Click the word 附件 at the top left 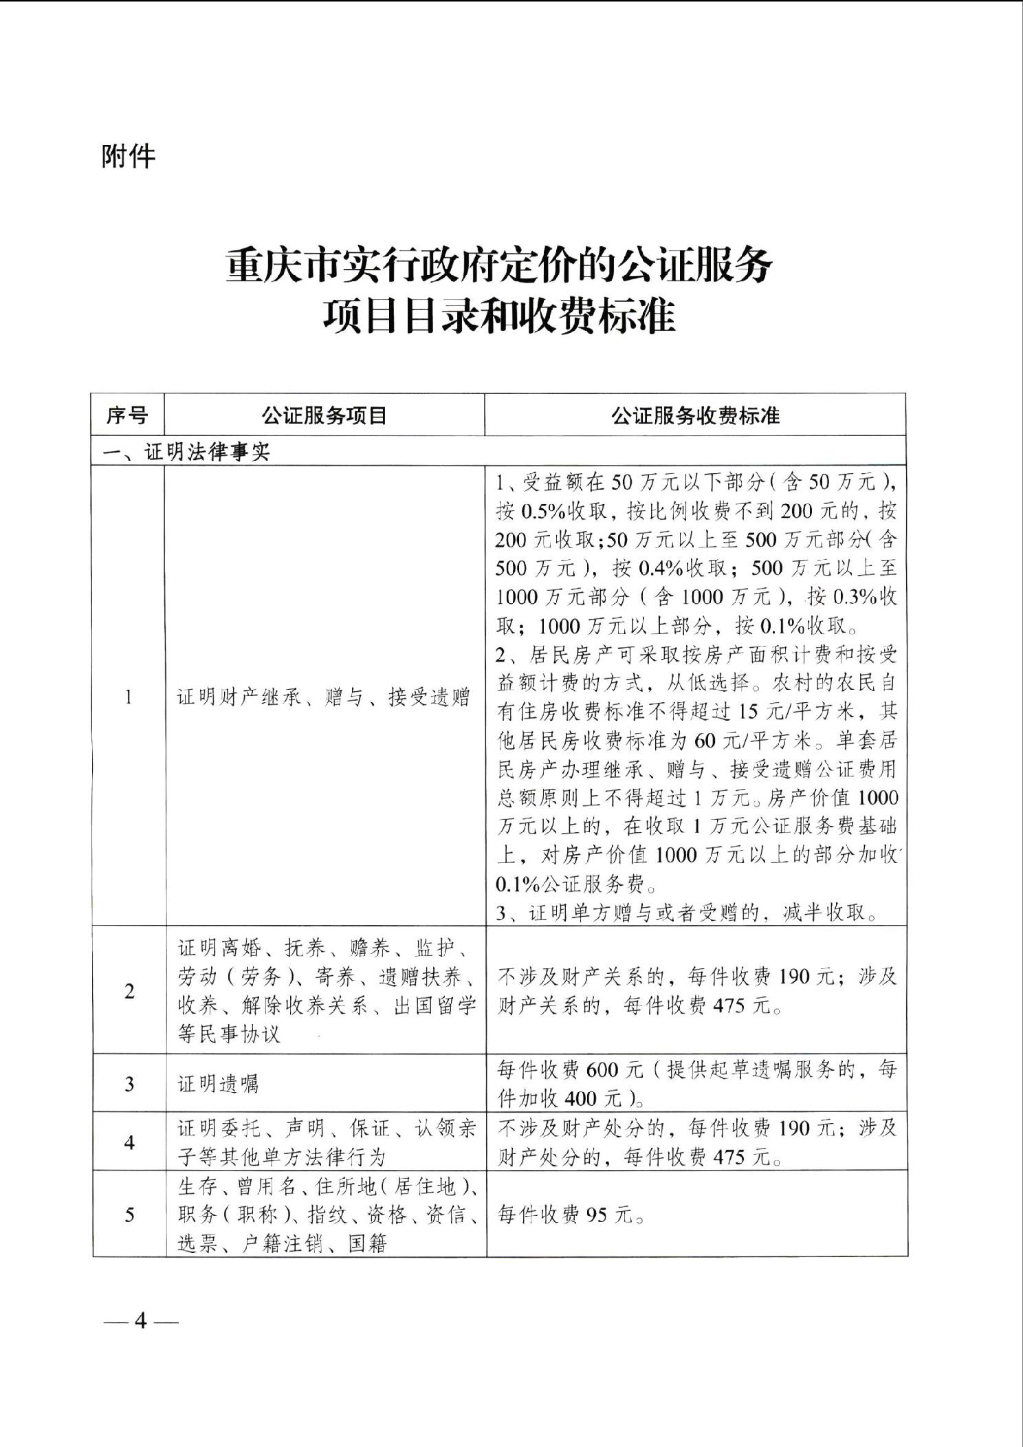[129, 157]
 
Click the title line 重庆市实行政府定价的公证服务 [499, 265]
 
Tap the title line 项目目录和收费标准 [500, 317]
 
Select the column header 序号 [127, 415]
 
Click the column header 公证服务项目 [324, 415]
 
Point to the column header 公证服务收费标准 [695, 415]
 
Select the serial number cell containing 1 [129, 697]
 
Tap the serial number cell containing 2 [129, 991]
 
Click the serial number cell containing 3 [129, 1085]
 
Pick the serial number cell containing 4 [129, 1142]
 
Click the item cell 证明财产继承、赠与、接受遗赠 [324, 697]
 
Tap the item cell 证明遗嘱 [218, 1085]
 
